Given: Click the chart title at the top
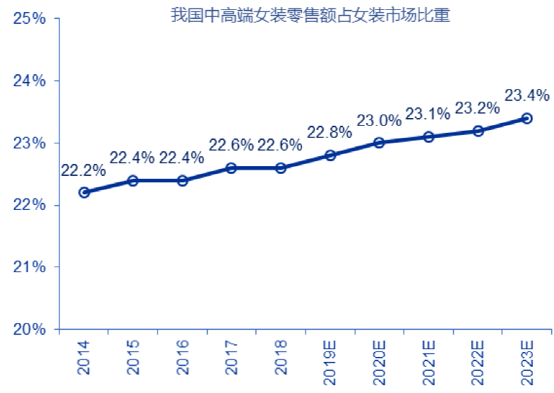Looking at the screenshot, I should (x=311, y=15).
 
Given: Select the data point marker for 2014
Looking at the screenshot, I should (x=84, y=192).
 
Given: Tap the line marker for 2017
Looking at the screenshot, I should (x=231, y=168).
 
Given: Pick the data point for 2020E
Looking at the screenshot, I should (x=379, y=142).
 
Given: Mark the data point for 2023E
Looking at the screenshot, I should (x=526, y=118).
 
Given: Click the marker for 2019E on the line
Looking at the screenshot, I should (x=330, y=155).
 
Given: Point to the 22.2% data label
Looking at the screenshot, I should (x=83, y=170).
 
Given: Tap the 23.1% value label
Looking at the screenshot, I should (x=428, y=114).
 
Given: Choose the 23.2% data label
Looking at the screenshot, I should (x=477, y=108).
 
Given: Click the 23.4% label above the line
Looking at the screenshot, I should (x=526, y=95).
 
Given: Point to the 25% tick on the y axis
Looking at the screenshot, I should (x=30, y=18).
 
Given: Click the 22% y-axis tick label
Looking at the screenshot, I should (x=30, y=205).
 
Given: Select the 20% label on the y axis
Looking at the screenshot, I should (x=30, y=329).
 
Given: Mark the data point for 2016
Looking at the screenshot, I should (x=182, y=180).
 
